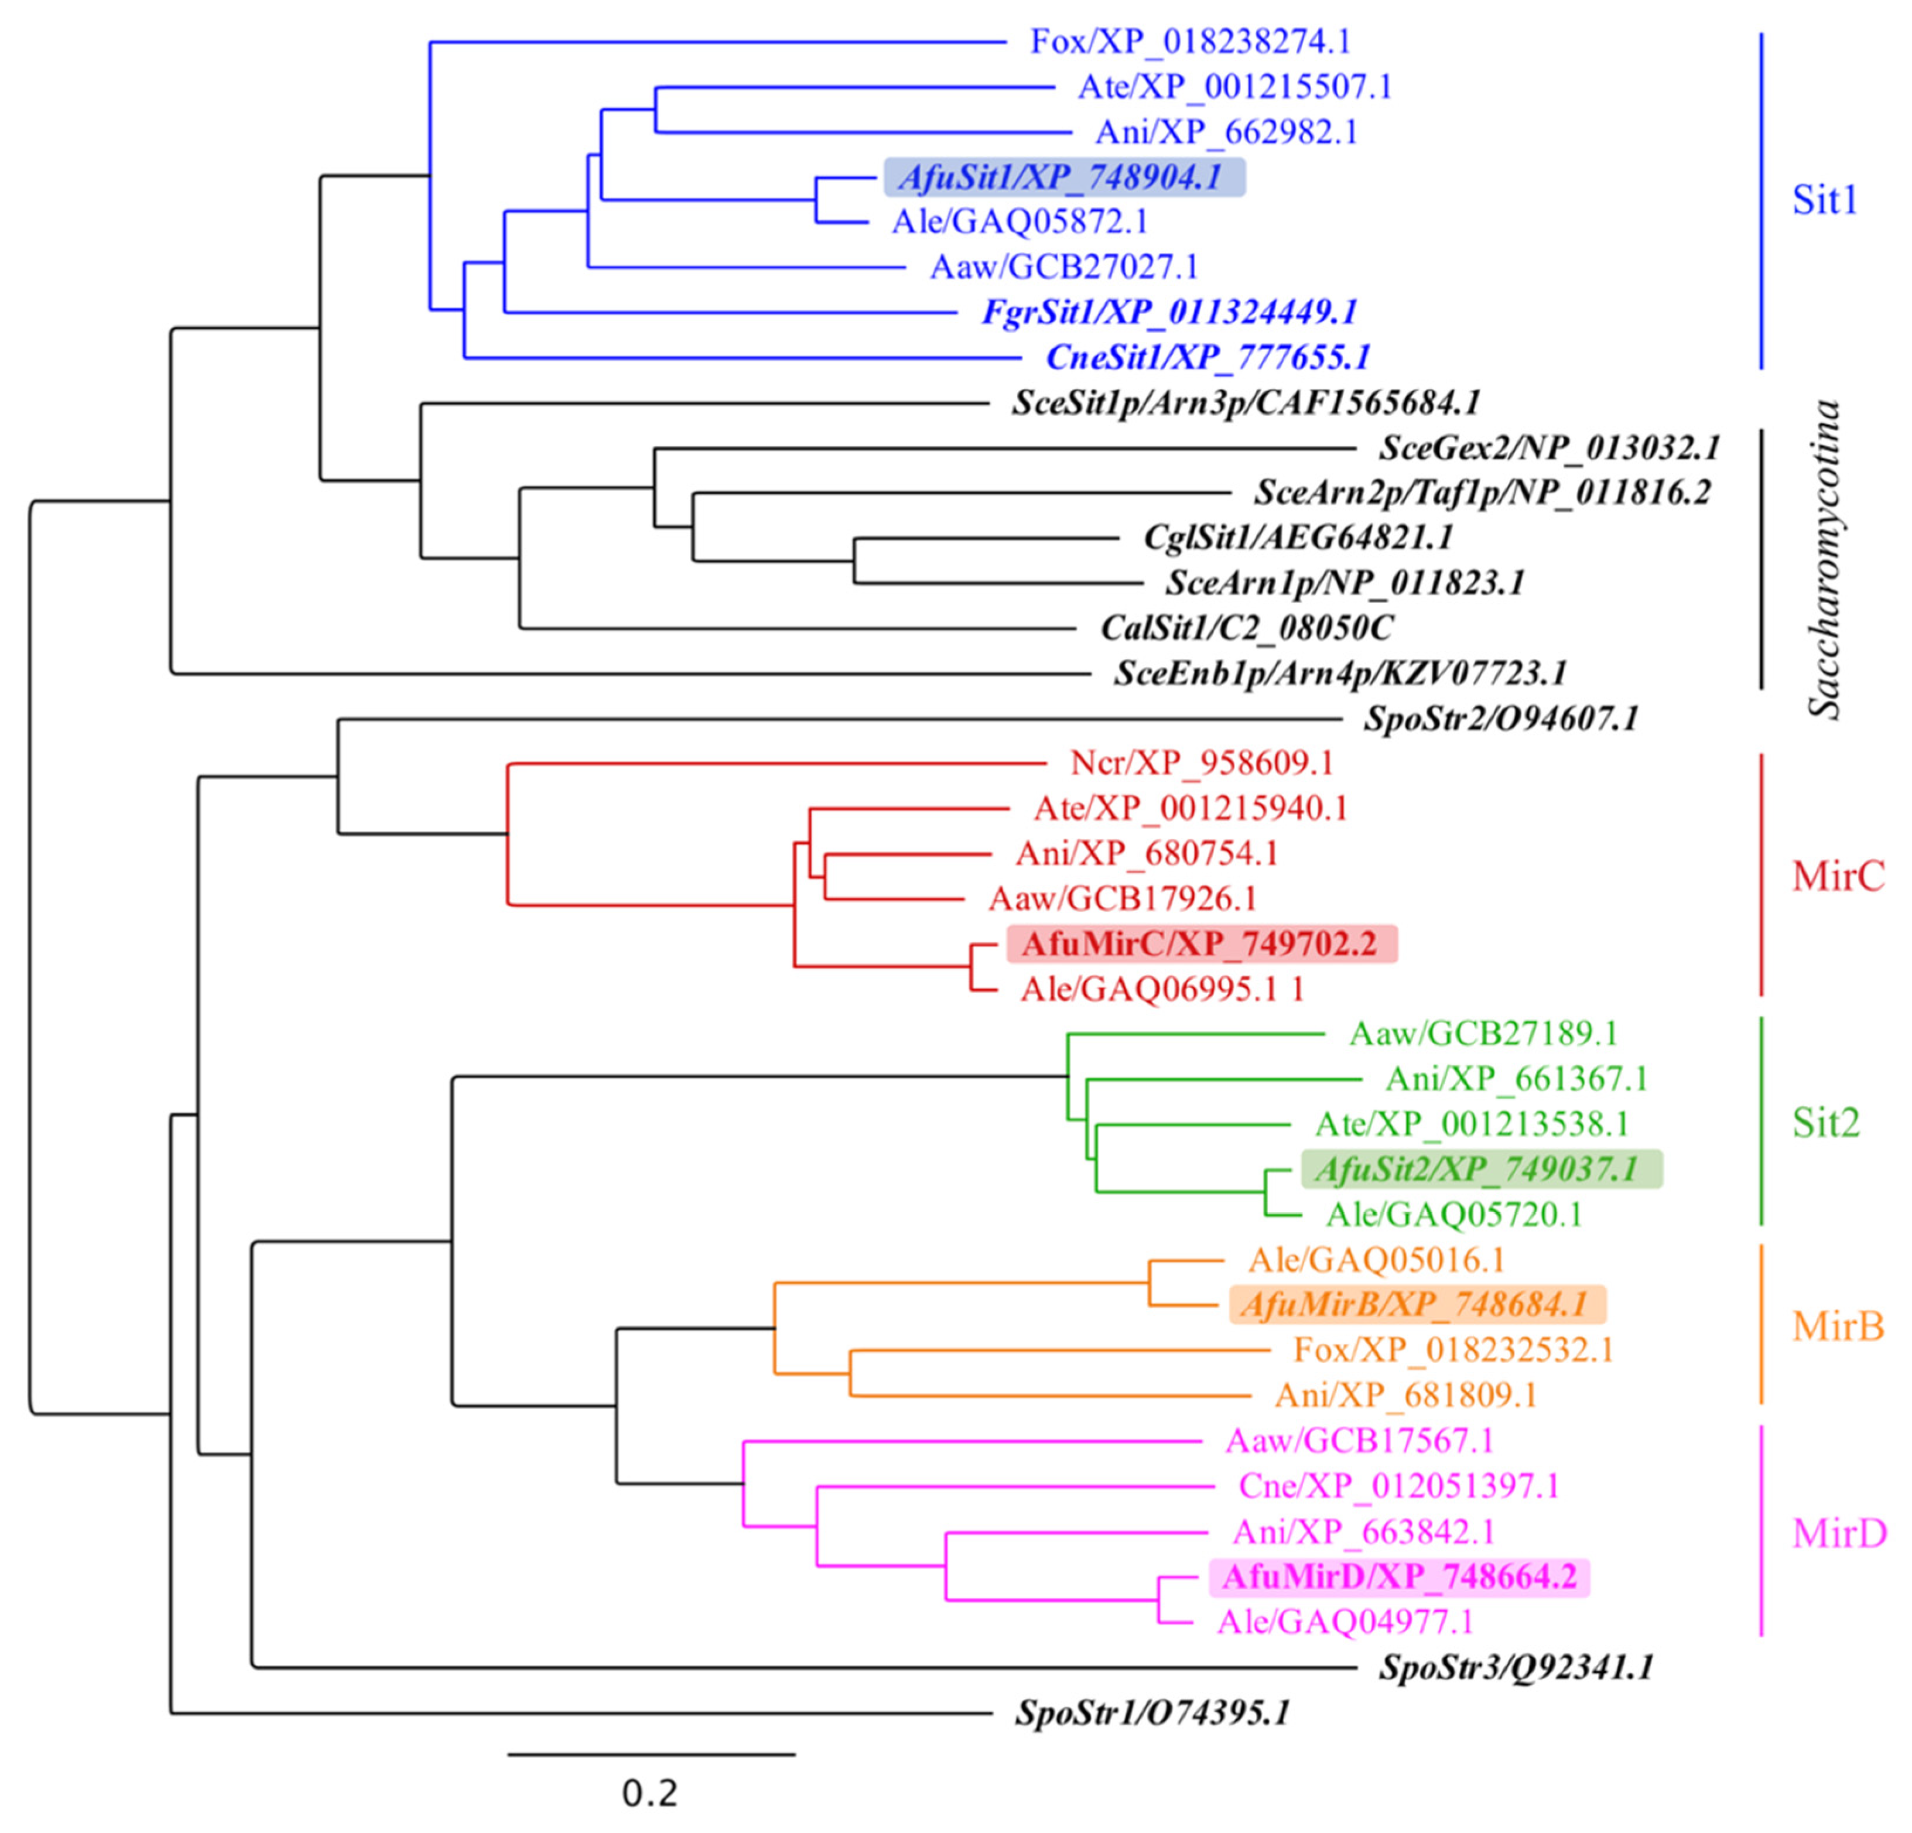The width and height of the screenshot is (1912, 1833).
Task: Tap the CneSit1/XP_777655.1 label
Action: tap(1208, 358)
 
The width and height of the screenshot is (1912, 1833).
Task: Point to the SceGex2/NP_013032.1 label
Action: tap(1549, 448)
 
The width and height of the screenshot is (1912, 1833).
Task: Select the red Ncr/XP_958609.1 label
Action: tap(1201, 763)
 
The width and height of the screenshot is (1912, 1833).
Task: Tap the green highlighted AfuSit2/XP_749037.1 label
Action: tap(1481, 1169)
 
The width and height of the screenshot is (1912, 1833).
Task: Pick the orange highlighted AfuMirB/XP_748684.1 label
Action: tap(1417, 1304)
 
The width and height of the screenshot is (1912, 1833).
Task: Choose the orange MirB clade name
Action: tap(1838, 1326)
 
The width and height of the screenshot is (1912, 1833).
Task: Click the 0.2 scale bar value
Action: tap(649, 1793)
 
